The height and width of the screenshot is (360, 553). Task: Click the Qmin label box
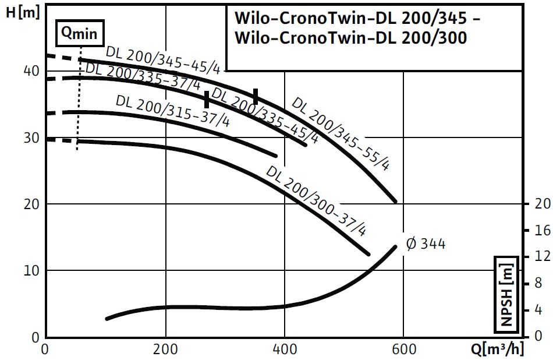point(80,34)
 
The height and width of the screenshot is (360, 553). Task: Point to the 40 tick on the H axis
point(30,70)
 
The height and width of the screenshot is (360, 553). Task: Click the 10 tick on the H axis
point(30,271)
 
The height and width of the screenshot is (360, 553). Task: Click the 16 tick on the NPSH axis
point(542,231)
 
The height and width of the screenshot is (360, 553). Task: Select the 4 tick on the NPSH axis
point(538,310)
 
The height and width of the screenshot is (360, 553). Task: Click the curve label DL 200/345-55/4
point(341,133)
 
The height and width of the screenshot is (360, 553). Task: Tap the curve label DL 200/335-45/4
point(264,115)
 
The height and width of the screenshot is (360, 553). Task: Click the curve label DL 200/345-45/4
point(162,59)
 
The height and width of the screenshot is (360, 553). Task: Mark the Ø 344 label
point(426,243)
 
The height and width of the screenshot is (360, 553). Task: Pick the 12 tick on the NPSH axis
point(542,257)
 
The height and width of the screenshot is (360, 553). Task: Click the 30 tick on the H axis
point(30,137)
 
